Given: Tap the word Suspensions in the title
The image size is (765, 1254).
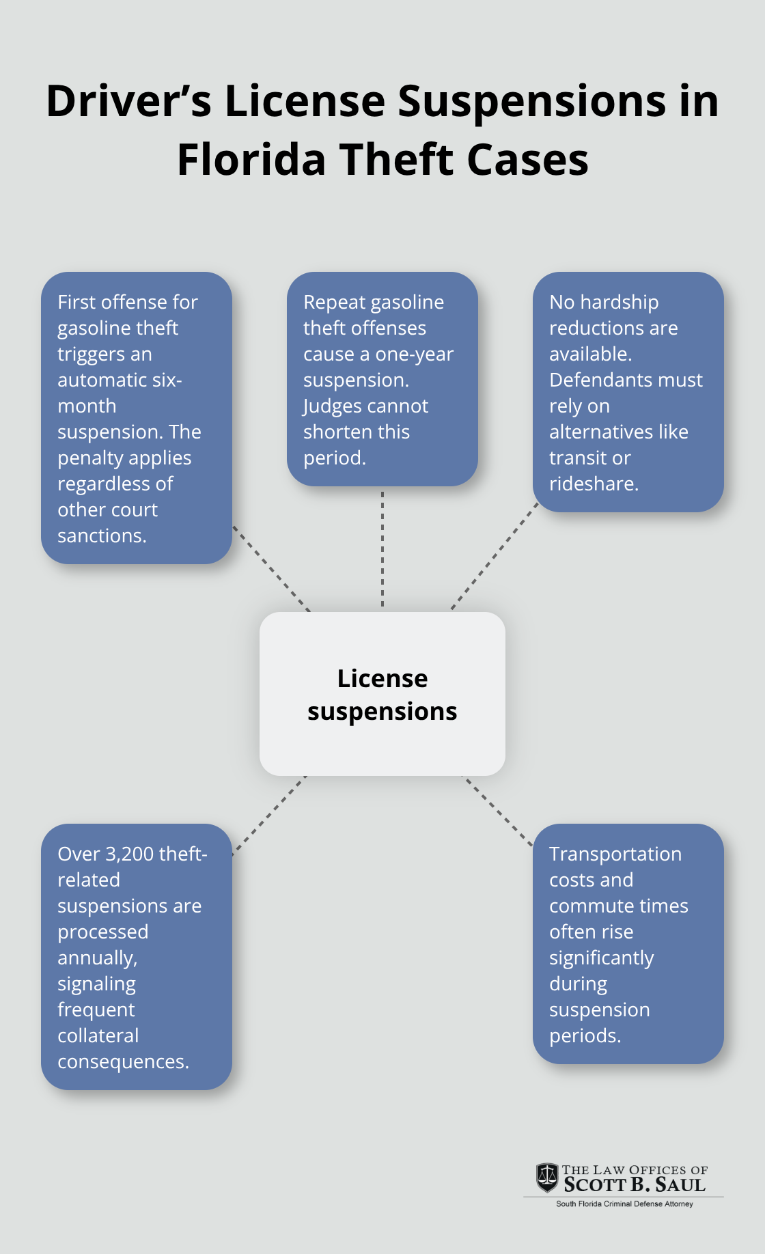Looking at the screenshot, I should coord(531,101).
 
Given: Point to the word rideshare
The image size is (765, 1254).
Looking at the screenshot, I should coord(593,484).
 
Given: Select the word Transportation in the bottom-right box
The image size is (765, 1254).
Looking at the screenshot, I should coord(615,854).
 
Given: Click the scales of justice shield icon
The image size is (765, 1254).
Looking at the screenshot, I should coord(546,1178).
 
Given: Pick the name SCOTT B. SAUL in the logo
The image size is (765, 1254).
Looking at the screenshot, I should coord(634,1185).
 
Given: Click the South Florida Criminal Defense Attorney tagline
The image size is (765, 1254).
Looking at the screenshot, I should coord(624,1203).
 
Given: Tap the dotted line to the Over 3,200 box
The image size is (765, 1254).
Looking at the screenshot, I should coord(269,815).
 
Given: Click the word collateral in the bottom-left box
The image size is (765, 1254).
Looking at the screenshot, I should coord(98,1035).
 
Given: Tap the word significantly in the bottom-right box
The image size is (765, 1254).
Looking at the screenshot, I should coord(601,958).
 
